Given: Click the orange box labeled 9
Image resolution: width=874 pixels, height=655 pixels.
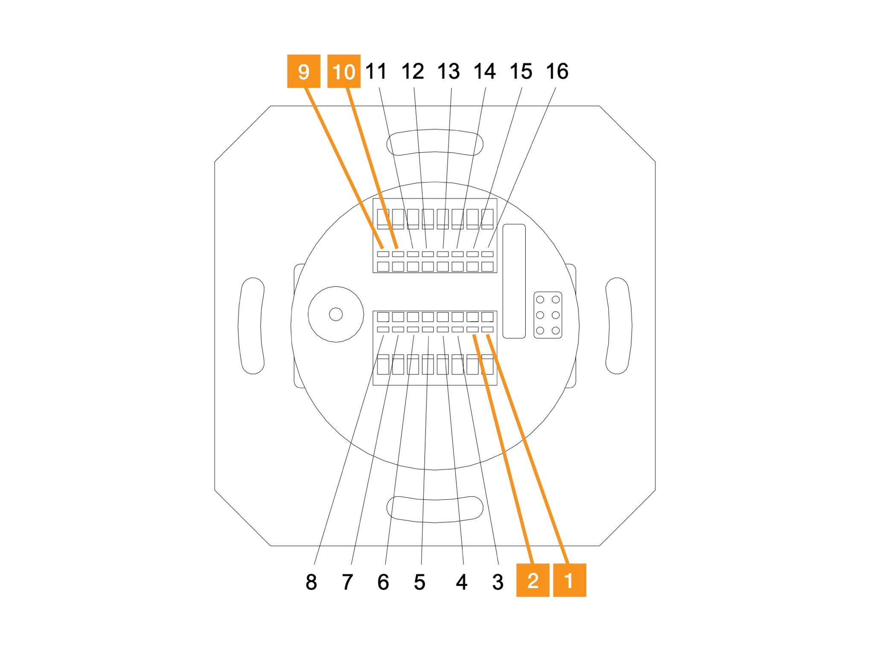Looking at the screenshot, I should point(303,71).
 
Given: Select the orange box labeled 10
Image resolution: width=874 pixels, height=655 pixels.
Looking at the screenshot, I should point(344,71).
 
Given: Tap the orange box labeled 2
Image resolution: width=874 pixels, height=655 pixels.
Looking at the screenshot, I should point(533,580).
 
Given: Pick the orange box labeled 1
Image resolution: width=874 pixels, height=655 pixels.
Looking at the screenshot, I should point(569,580).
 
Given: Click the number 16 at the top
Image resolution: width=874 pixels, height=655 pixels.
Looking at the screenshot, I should point(557,71).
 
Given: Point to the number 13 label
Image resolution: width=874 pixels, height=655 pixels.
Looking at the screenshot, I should point(449,71).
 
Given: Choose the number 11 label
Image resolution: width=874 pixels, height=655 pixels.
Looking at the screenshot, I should point(376,71).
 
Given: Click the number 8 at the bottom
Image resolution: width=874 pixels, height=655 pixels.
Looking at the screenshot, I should point(311,582).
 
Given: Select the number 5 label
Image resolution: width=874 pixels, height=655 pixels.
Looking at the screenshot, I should point(420,582).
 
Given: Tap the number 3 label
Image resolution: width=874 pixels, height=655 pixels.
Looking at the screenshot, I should point(498,582).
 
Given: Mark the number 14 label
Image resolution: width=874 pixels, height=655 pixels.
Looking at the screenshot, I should point(485,71).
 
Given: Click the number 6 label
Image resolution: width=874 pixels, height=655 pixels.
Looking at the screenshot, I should point(383,582).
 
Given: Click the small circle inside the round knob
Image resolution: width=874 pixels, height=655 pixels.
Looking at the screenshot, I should point(336,314).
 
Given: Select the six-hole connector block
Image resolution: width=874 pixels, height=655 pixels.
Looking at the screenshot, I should point(548,315).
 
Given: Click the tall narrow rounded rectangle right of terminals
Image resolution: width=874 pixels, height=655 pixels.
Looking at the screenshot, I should point(514,281).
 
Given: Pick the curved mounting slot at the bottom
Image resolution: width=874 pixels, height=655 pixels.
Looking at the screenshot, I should point(435,509).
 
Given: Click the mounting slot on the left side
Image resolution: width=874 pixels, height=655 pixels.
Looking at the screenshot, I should point(251,326).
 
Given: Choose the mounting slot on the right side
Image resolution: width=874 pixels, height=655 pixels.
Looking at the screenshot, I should point(618,326).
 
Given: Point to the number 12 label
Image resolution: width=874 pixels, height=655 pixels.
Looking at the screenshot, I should point(413,71).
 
